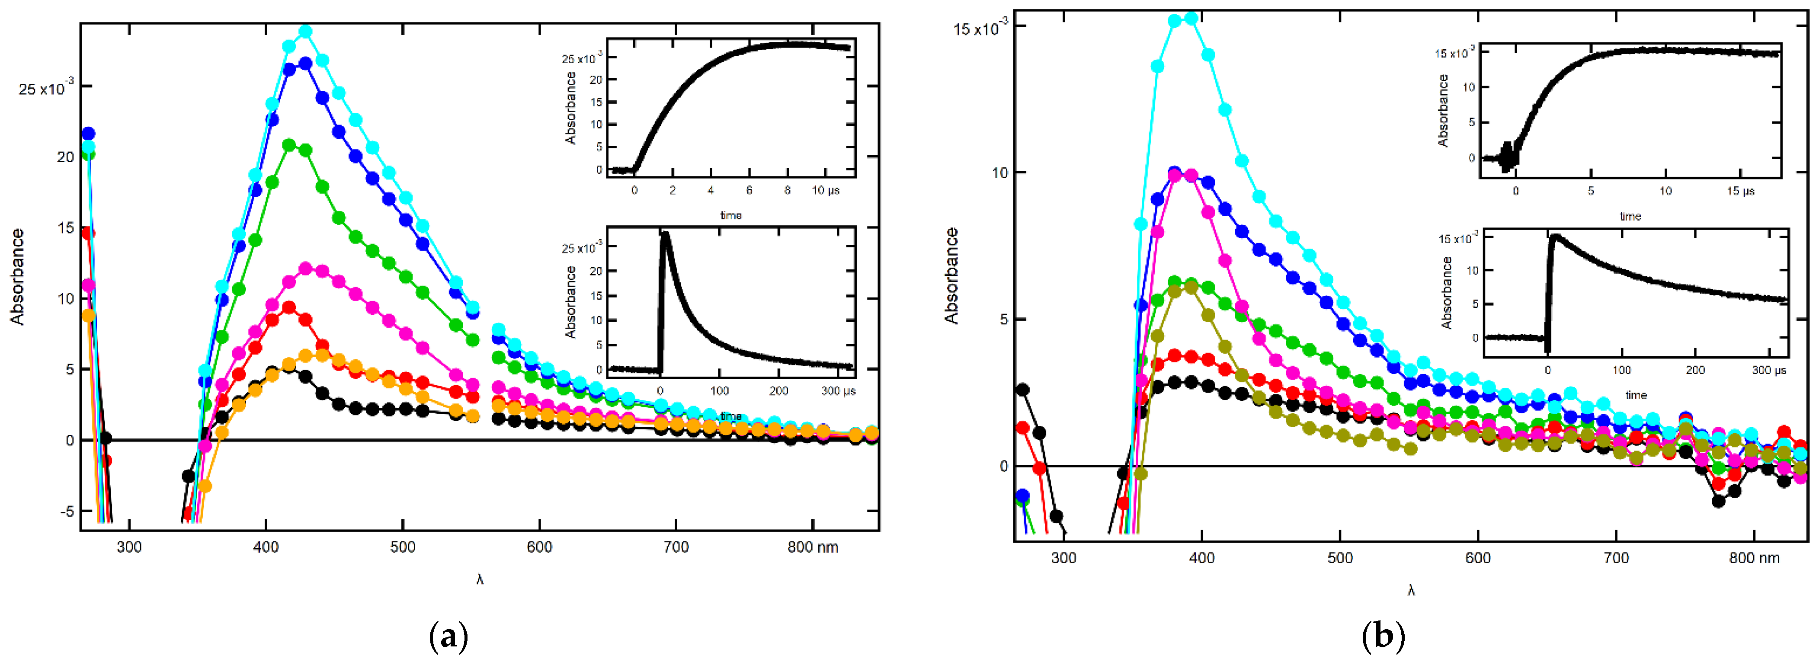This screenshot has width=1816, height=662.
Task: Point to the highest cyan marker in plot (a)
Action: point(305,32)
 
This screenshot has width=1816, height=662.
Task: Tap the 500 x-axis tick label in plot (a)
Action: point(403,547)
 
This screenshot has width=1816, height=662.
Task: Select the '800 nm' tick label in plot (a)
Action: point(813,547)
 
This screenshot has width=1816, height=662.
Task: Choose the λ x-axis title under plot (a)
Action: point(479,579)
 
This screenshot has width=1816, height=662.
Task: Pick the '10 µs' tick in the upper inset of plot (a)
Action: point(826,190)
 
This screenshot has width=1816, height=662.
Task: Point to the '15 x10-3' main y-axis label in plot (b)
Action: point(980,28)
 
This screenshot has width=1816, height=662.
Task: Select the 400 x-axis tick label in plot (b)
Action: point(1201,558)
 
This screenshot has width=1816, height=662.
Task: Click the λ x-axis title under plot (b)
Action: point(1411,591)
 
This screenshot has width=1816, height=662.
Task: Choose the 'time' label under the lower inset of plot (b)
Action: point(1636,395)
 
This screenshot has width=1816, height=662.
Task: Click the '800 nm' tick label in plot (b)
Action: point(1754,558)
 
